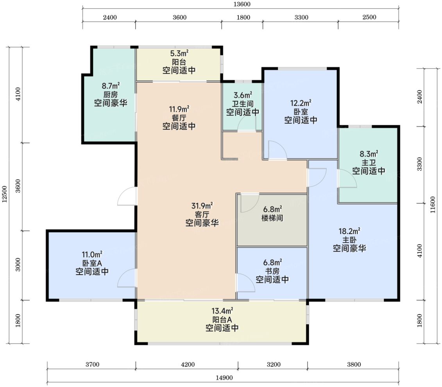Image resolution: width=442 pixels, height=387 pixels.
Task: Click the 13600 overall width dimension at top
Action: (x=242, y=4)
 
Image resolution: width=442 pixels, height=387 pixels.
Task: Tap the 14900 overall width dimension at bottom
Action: (x=224, y=378)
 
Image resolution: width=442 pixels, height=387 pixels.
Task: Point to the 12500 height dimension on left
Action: (x=4, y=194)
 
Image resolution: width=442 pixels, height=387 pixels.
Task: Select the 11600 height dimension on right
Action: (x=433, y=205)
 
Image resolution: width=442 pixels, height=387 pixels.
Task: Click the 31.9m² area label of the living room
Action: (x=202, y=206)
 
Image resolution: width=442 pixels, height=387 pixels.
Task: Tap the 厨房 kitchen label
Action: (x=110, y=94)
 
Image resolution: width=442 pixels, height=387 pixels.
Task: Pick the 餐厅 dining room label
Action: (x=179, y=118)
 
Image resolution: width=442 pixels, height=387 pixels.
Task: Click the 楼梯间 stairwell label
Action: (x=272, y=218)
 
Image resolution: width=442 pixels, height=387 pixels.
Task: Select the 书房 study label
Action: (x=272, y=271)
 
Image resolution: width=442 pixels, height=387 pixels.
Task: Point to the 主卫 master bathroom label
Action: (x=369, y=162)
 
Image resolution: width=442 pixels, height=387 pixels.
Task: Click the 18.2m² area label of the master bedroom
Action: (x=349, y=232)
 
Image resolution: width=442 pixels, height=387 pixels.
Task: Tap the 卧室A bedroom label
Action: (x=92, y=263)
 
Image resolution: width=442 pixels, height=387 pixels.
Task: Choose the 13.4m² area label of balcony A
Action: (x=222, y=311)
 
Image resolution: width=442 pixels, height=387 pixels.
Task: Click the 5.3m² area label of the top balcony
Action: (x=179, y=53)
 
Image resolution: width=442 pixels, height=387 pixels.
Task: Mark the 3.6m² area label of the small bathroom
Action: (x=243, y=95)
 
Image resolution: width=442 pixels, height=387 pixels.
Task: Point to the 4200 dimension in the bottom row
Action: (x=188, y=364)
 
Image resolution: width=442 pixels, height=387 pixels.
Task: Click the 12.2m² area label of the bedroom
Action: (x=301, y=103)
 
